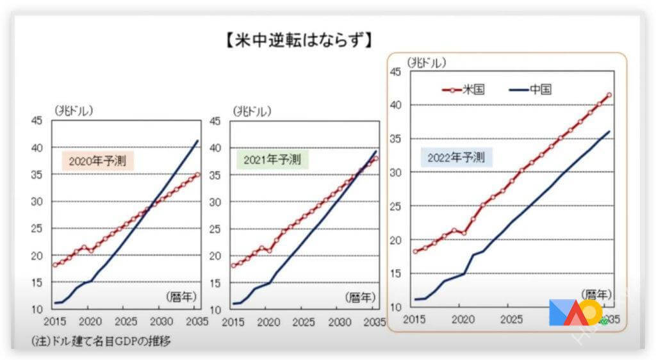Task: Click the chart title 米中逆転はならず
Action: coord(299,40)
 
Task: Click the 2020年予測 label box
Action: coord(97,161)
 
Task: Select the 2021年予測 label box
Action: coord(272,159)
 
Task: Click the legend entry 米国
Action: coord(464,89)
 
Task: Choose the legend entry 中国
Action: coord(530,89)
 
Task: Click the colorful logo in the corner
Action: coord(575,312)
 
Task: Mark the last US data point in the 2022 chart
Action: coord(609,95)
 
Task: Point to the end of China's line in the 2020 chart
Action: coord(197,141)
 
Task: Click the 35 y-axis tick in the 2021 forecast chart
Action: coord(216,175)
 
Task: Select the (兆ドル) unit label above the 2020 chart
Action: coord(74,110)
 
